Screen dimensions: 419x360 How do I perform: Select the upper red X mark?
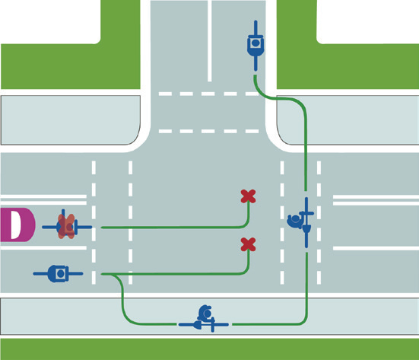[248, 196]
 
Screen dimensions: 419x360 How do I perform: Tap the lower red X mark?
[248, 244]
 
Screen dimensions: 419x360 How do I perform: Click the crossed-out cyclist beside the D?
[67, 227]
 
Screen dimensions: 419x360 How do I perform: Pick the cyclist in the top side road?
[256, 46]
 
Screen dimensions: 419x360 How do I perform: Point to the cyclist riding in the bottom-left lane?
[58, 273]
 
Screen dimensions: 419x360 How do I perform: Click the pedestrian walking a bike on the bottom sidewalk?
[204, 319]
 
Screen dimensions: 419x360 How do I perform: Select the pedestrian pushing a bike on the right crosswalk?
[301, 222]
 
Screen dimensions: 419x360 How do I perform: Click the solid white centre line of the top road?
[210, 40]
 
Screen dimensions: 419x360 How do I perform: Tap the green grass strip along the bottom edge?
[210, 349]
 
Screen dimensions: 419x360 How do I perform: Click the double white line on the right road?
[376, 200]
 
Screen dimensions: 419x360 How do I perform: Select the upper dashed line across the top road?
[208, 94]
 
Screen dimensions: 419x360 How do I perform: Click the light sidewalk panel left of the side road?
[71, 120]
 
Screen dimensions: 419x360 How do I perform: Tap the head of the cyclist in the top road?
[256, 43]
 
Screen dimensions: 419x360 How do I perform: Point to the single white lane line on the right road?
[376, 248]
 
